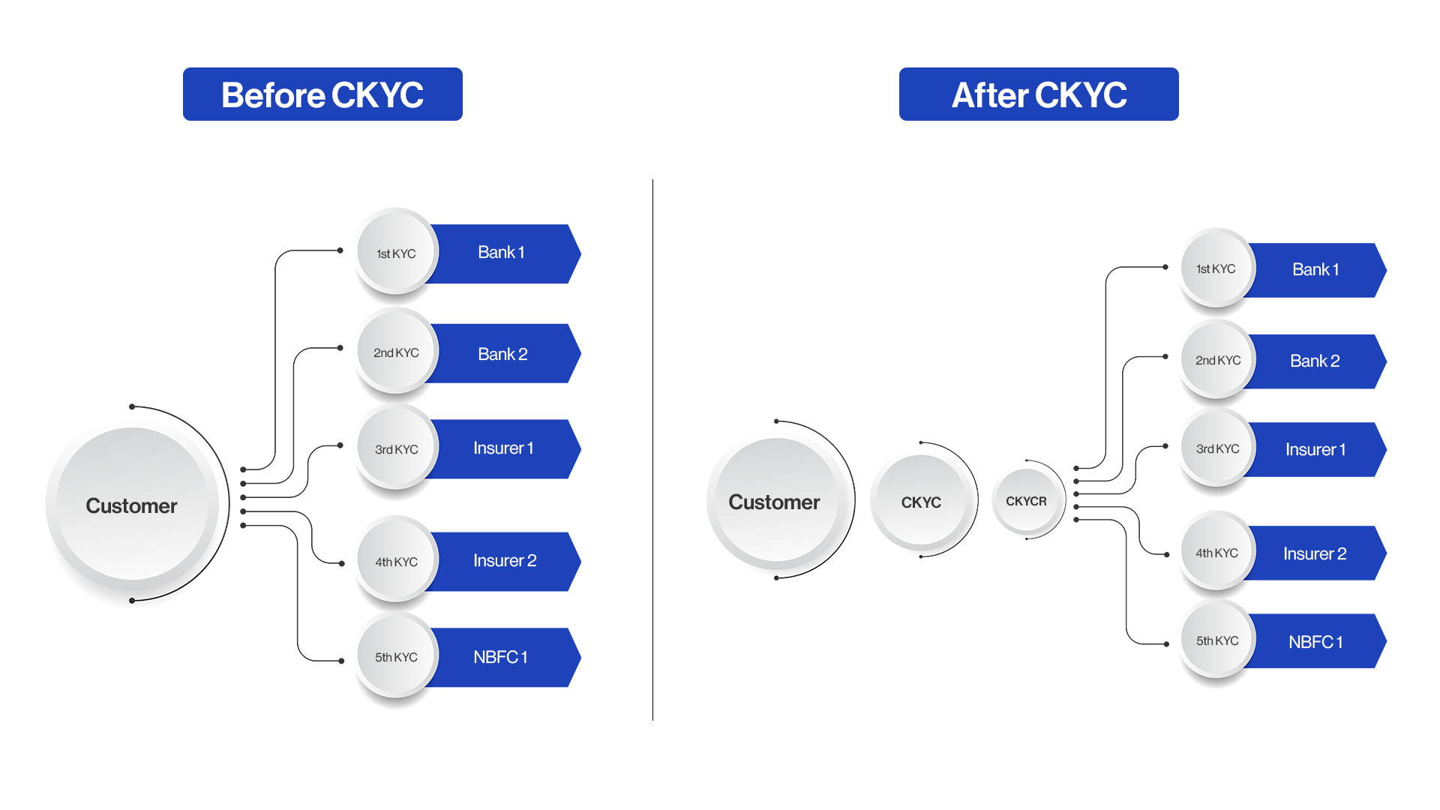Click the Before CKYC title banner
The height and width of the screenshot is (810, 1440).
[322, 94]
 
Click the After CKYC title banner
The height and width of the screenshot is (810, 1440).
[1039, 94]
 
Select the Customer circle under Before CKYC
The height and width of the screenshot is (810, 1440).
[132, 505]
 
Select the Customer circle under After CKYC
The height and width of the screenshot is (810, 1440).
[774, 501]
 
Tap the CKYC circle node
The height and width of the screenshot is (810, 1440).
[921, 502]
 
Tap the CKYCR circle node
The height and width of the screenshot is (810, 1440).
[1026, 501]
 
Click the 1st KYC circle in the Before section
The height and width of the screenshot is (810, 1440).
[396, 253]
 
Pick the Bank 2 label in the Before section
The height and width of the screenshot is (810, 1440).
[502, 354]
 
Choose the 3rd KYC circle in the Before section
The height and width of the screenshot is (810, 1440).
[396, 449]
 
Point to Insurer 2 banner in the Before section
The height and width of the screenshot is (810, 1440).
[505, 561]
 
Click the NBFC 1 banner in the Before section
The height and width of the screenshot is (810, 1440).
[501, 657]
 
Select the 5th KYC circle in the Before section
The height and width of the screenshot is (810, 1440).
[396, 657]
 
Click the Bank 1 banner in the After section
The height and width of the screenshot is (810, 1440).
[1315, 270]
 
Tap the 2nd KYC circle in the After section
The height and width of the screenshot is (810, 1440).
[1217, 361]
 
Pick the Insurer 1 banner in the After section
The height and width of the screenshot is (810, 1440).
[1315, 449]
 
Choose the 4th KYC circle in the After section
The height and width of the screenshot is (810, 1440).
[1216, 553]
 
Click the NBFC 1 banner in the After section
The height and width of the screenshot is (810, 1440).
[1315, 642]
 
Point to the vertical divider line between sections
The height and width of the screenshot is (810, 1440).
[652, 450]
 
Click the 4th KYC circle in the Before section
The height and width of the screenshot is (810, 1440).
[396, 561]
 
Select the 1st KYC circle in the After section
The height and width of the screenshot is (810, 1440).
[1216, 268]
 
